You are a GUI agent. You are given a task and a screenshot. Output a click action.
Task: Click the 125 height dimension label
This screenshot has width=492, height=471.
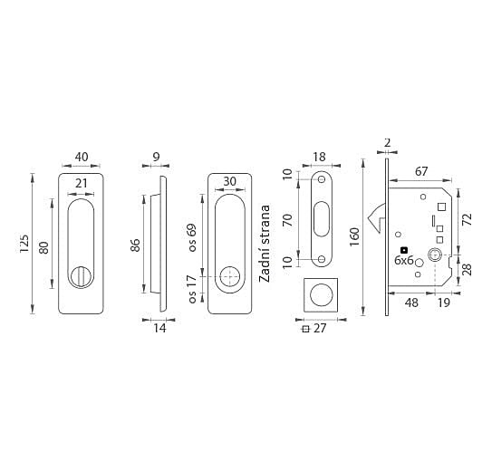[x=24, y=244]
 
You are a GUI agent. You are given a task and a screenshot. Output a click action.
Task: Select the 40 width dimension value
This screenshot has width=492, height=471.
[x=82, y=157]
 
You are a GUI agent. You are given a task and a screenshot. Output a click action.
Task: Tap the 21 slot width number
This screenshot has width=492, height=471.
[x=81, y=183]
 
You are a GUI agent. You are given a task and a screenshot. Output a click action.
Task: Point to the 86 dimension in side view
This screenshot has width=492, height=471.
[x=136, y=245]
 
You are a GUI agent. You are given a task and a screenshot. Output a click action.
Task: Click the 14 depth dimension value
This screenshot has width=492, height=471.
[x=159, y=328]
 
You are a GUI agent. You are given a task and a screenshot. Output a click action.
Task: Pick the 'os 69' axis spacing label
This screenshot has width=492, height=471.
[x=192, y=237]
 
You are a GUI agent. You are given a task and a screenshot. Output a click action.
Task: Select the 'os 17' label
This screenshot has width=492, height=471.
[x=192, y=289]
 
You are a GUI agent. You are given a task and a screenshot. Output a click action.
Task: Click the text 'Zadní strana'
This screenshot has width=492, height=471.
[x=265, y=244]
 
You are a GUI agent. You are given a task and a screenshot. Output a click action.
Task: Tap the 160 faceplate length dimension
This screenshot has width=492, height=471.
[x=354, y=237]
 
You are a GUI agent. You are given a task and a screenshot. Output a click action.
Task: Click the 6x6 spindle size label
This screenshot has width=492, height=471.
[x=404, y=260]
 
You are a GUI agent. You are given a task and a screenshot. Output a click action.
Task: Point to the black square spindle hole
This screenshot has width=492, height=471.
[x=404, y=250]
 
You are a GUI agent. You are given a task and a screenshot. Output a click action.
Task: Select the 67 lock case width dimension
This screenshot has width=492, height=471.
[x=421, y=171]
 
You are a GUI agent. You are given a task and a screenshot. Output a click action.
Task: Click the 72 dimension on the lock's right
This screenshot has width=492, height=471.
[x=468, y=219]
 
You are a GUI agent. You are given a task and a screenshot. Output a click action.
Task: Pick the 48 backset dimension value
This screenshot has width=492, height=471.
[x=411, y=303]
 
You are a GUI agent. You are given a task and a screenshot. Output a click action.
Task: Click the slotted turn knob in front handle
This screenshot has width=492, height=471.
[x=81, y=277]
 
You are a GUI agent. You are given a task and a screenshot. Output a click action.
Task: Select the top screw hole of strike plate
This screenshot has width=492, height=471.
[x=322, y=179]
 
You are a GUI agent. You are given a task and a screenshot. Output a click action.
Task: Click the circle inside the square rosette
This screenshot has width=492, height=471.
[x=321, y=295]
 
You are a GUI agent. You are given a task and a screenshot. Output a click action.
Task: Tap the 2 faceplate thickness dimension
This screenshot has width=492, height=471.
[x=387, y=143]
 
